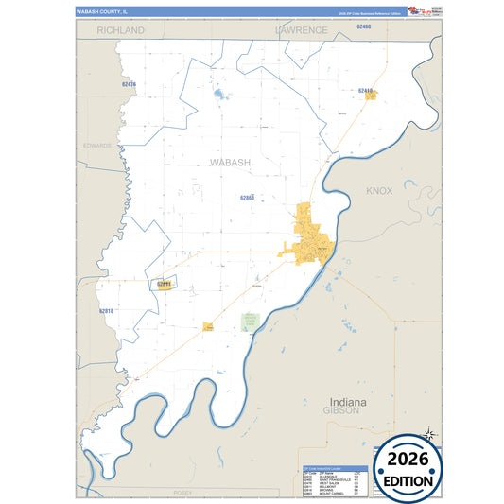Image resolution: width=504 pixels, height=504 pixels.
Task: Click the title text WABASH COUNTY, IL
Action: (x=101, y=11)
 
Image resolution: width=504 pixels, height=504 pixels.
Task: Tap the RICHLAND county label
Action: (x=120, y=30)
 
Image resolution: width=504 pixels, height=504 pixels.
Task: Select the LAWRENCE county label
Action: (x=302, y=30)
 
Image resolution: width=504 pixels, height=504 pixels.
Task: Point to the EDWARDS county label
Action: (x=97, y=146)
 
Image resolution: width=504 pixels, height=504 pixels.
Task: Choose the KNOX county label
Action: (x=379, y=191)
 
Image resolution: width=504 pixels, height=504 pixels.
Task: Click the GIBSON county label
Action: (x=339, y=412)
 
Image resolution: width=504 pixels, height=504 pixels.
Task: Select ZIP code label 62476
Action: (x=129, y=84)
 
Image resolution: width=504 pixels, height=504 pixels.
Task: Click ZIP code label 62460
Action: (x=364, y=27)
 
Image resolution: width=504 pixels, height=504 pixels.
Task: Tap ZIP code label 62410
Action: (x=366, y=90)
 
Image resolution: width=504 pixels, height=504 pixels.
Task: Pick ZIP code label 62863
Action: (x=248, y=198)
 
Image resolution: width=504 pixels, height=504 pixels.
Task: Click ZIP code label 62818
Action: (x=106, y=310)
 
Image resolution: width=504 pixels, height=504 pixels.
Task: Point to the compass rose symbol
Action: (x=427, y=434)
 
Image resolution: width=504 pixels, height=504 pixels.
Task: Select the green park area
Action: (x=250, y=322)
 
